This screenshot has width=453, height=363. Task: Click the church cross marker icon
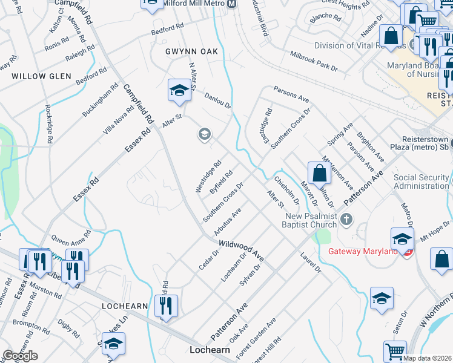tap(346, 219)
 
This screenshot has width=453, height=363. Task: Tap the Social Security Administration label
tap(422, 181)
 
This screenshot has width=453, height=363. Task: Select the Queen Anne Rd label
tap(71, 239)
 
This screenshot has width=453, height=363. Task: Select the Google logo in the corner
tap(21, 356)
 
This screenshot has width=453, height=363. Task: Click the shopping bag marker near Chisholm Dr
tap(319, 173)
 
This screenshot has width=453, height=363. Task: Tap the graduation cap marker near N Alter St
tap(179, 91)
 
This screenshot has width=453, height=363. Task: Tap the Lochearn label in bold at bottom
tap(210, 350)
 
